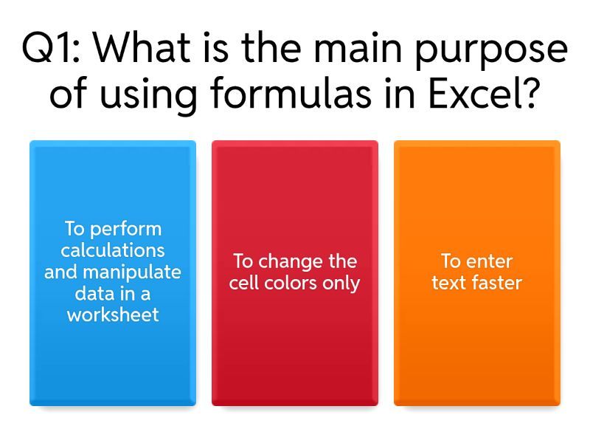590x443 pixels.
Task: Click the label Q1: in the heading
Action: [52, 50]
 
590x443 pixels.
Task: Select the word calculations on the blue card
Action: [113, 251]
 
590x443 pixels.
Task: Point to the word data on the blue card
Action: [92, 294]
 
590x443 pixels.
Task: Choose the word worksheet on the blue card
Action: [113, 315]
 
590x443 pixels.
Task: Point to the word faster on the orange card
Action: [497, 284]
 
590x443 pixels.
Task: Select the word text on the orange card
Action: [450, 284]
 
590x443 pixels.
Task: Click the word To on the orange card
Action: [451, 262]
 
